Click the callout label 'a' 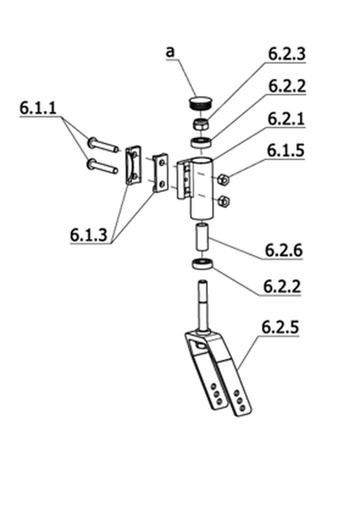170,52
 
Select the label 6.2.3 287,54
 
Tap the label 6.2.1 286,118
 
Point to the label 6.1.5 286,150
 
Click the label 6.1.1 38,108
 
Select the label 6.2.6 284,250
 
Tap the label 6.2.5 281,327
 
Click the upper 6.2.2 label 287,86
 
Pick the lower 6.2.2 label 282,286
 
